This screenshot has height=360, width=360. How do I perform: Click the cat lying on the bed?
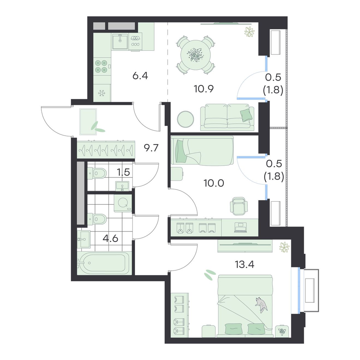261,305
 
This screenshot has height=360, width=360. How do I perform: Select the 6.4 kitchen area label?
140,76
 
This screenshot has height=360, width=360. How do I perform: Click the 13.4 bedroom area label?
244,265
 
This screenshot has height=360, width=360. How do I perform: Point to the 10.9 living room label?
204,89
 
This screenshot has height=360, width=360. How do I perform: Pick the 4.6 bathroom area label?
111,239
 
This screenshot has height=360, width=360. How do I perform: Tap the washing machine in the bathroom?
123,203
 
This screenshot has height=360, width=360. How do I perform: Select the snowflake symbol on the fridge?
101,93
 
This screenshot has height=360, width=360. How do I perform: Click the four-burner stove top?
102,66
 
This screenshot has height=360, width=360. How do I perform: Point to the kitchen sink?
120,41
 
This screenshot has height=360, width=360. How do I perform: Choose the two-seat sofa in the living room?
227,117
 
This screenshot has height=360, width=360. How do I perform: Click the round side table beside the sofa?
185,119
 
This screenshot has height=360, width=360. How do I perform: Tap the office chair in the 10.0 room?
239,206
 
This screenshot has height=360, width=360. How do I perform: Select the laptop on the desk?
240,227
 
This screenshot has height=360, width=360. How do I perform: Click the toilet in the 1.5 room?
97,173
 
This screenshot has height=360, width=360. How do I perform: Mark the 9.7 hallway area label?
151,148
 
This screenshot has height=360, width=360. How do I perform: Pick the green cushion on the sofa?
246,115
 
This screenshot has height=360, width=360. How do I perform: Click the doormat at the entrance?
88,122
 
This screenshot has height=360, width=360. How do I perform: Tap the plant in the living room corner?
249,32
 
